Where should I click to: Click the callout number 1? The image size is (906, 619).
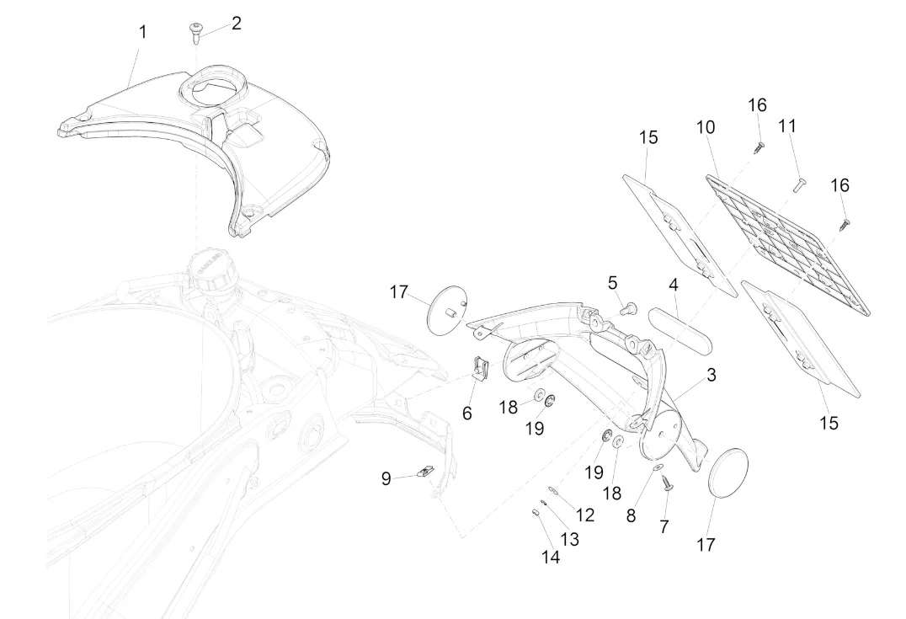[142, 32]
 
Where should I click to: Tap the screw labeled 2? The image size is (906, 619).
[195, 30]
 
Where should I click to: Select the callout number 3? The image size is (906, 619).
[711, 376]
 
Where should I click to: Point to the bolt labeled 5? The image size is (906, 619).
[626, 309]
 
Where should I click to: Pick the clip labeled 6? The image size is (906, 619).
[479, 369]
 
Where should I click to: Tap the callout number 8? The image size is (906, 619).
[631, 515]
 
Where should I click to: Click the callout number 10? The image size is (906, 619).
[706, 127]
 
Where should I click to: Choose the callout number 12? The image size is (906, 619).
[585, 515]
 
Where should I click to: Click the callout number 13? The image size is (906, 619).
[569, 539]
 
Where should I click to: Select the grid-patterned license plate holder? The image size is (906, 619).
[786, 241]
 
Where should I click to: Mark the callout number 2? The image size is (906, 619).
[237, 23]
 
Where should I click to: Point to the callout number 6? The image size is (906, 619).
[467, 413]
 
